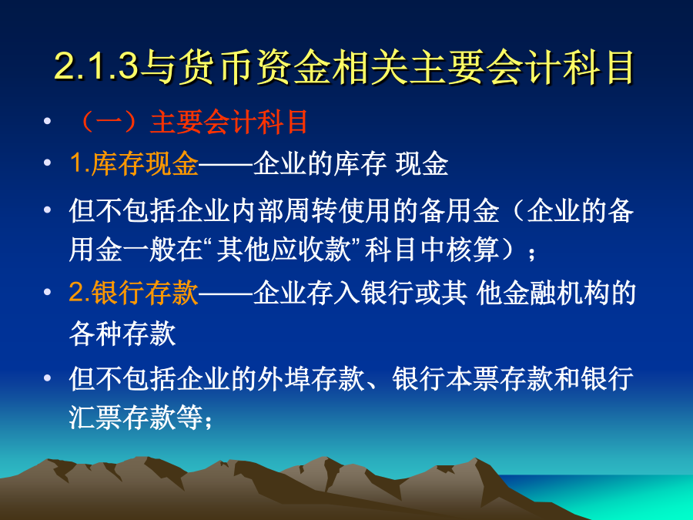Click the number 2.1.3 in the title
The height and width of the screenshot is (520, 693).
click(97, 67)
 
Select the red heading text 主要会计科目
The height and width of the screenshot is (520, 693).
click(229, 122)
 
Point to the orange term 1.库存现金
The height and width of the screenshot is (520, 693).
click(134, 163)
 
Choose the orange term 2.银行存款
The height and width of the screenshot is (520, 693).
click(134, 293)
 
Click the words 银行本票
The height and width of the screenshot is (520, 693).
click(446, 379)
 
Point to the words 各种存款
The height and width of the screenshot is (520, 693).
click(122, 333)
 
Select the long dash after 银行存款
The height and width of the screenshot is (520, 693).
click(226, 294)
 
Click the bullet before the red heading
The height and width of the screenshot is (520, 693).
click(47, 121)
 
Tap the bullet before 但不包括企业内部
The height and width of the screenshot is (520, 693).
click(47, 210)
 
